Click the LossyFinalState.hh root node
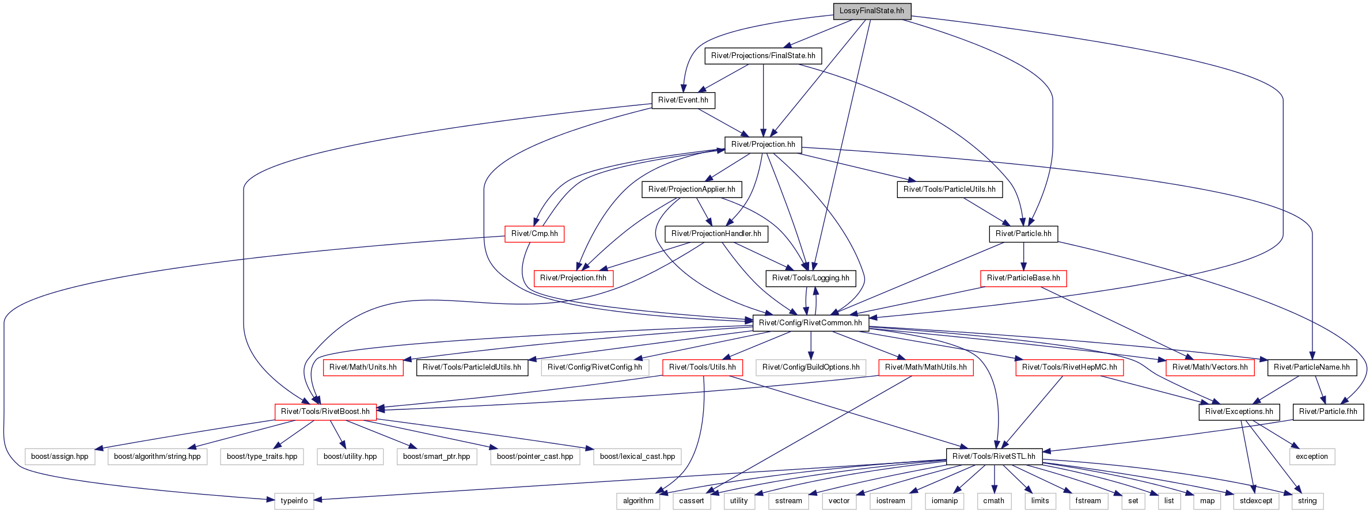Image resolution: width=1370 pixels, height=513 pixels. click(872, 11)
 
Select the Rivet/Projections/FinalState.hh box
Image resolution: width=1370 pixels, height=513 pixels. click(763, 56)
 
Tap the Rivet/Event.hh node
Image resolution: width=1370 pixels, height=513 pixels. click(683, 100)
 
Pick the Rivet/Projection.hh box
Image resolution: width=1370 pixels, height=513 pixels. click(763, 145)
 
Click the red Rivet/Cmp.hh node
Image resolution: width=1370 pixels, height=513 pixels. click(534, 234)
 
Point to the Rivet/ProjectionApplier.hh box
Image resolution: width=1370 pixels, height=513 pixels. click(692, 189)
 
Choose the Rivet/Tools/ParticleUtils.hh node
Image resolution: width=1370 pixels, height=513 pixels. click(950, 189)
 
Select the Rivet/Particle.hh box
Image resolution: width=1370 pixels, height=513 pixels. click(1023, 234)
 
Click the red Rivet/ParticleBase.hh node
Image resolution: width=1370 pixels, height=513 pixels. click(1023, 278)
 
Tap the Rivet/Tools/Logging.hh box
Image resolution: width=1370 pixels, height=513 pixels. click(810, 278)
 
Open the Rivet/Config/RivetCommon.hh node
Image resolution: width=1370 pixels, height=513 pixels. click(810, 323)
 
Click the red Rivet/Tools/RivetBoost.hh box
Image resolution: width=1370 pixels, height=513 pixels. click(325, 412)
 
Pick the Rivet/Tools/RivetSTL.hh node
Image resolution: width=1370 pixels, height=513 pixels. click(994, 457)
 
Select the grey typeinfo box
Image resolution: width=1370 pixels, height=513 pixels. click(294, 501)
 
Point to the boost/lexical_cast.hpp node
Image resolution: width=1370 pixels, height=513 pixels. click(637, 457)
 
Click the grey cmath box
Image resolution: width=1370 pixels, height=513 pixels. click(994, 501)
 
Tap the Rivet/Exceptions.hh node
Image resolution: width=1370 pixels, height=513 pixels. click(1239, 412)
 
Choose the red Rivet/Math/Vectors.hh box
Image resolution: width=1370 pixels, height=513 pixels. click(1210, 367)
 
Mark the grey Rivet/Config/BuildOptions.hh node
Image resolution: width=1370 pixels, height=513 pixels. click(811, 367)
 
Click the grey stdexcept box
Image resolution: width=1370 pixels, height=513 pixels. click(1256, 501)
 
